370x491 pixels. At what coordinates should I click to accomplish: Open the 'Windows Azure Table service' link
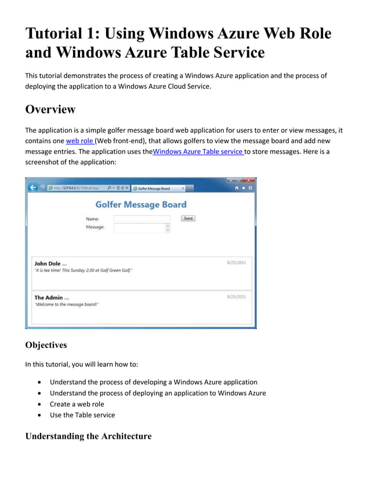(x=198, y=151)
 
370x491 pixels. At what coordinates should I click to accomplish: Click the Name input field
(x=142, y=219)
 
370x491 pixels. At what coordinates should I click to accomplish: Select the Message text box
(x=140, y=228)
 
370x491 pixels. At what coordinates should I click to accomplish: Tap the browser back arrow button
(x=33, y=188)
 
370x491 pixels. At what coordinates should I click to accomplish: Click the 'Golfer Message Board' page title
(x=141, y=204)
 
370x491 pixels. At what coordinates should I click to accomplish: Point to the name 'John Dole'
(x=47, y=263)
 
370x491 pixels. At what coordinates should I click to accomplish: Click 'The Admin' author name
(x=48, y=297)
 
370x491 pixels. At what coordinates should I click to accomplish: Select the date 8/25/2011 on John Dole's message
(x=236, y=263)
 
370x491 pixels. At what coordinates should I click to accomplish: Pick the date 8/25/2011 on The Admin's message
(x=236, y=297)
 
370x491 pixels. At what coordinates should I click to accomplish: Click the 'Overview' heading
(x=50, y=110)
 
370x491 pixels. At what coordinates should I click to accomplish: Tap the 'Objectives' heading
(x=46, y=345)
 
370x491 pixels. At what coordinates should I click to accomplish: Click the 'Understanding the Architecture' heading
(x=88, y=436)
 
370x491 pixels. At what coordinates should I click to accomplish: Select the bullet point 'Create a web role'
(x=77, y=404)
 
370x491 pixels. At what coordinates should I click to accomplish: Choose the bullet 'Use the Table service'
(x=82, y=414)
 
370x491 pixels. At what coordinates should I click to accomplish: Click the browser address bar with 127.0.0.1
(x=75, y=188)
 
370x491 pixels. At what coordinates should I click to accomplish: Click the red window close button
(x=249, y=180)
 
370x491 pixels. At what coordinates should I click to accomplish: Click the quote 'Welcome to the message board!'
(x=67, y=304)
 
